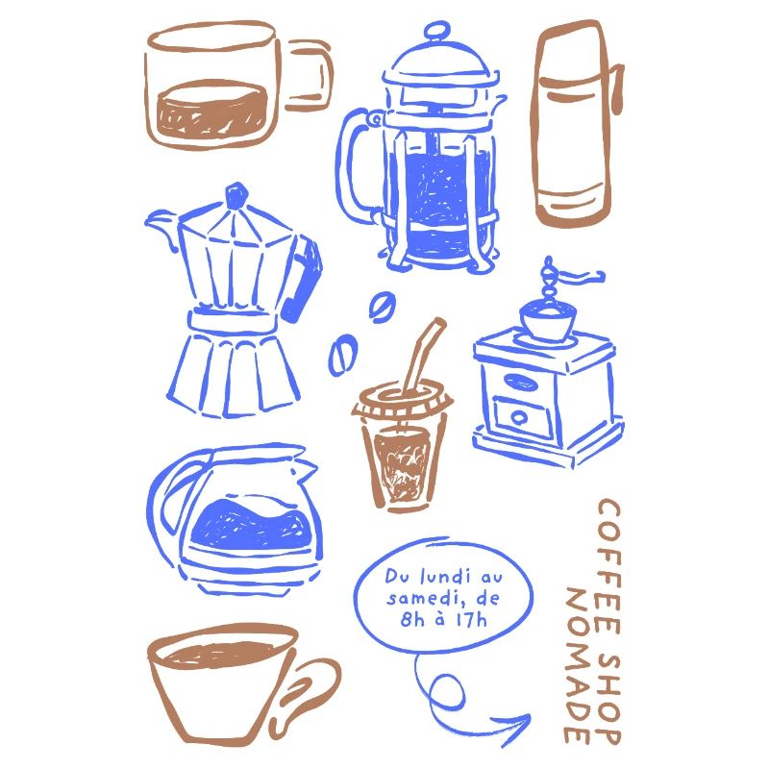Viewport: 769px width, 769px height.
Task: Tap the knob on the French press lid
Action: tap(437, 32)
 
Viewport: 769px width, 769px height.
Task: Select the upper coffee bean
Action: tap(382, 307)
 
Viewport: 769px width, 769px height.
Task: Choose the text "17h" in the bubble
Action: tap(470, 618)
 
